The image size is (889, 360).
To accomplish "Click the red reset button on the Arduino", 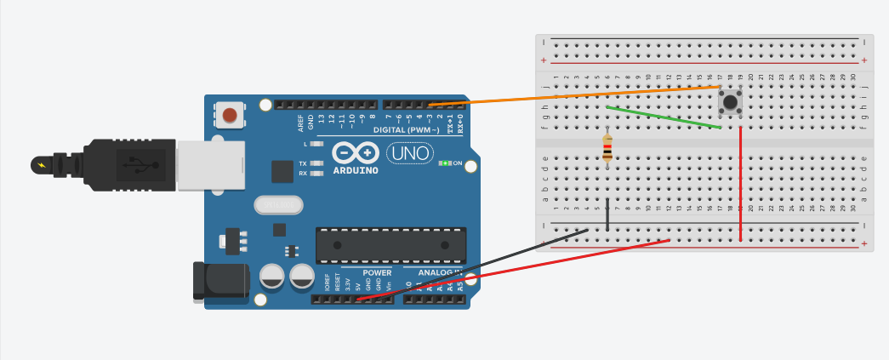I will [x=228, y=114].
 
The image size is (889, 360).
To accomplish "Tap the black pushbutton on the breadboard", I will [x=730, y=103].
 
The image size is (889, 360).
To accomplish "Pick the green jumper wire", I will [x=664, y=117].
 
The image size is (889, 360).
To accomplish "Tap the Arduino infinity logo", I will [x=356, y=151].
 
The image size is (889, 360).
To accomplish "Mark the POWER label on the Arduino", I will [x=377, y=273].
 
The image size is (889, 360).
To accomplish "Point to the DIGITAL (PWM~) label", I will [x=407, y=129].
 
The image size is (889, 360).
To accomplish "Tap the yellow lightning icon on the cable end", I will [x=40, y=162].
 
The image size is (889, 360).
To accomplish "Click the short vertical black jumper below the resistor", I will [x=607, y=214].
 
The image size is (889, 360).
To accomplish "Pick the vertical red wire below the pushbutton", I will [x=741, y=183].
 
